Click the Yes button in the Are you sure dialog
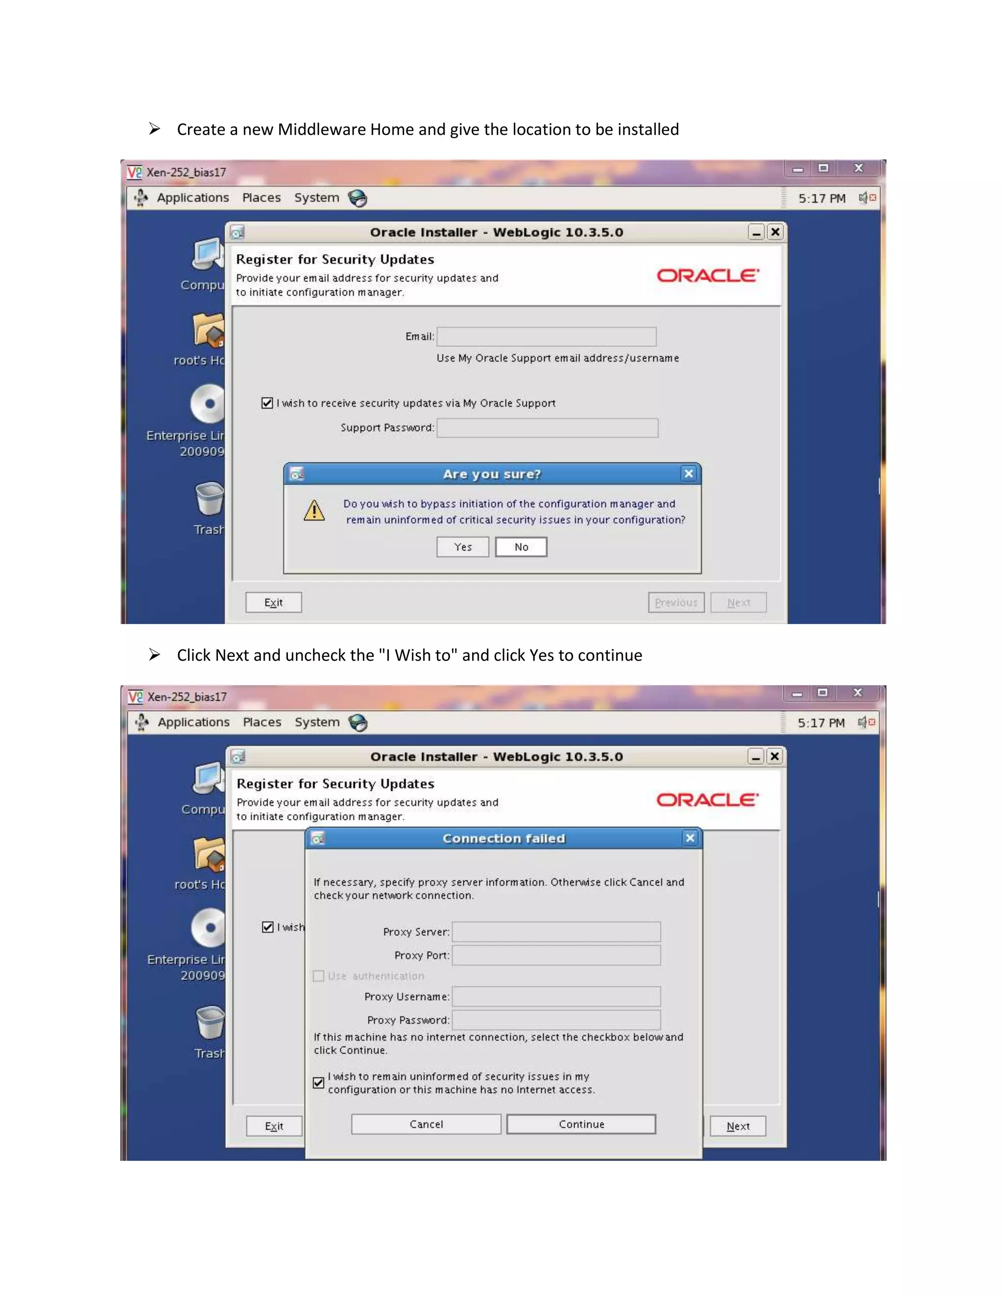pyautogui.click(x=462, y=547)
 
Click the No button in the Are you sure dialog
pyautogui.click(x=521, y=547)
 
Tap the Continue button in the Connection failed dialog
pyautogui.click(x=581, y=1124)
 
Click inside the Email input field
pyautogui.click(x=547, y=337)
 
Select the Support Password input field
pyautogui.click(x=547, y=428)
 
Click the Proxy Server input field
pyautogui.click(x=556, y=932)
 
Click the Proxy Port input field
pyautogui.click(x=556, y=955)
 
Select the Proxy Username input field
pyautogui.click(x=556, y=996)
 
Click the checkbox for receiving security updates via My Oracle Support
pyautogui.click(x=267, y=403)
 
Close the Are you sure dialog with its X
pyautogui.click(x=689, y=474)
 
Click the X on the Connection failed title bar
pyautogui.click(x=690, y=838)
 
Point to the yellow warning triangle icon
pyautogui.click(x=314, y=510)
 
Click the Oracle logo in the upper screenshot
pyautogui.click(x=707, y=276)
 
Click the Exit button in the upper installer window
pyautogui.click(x=273, y=602)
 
